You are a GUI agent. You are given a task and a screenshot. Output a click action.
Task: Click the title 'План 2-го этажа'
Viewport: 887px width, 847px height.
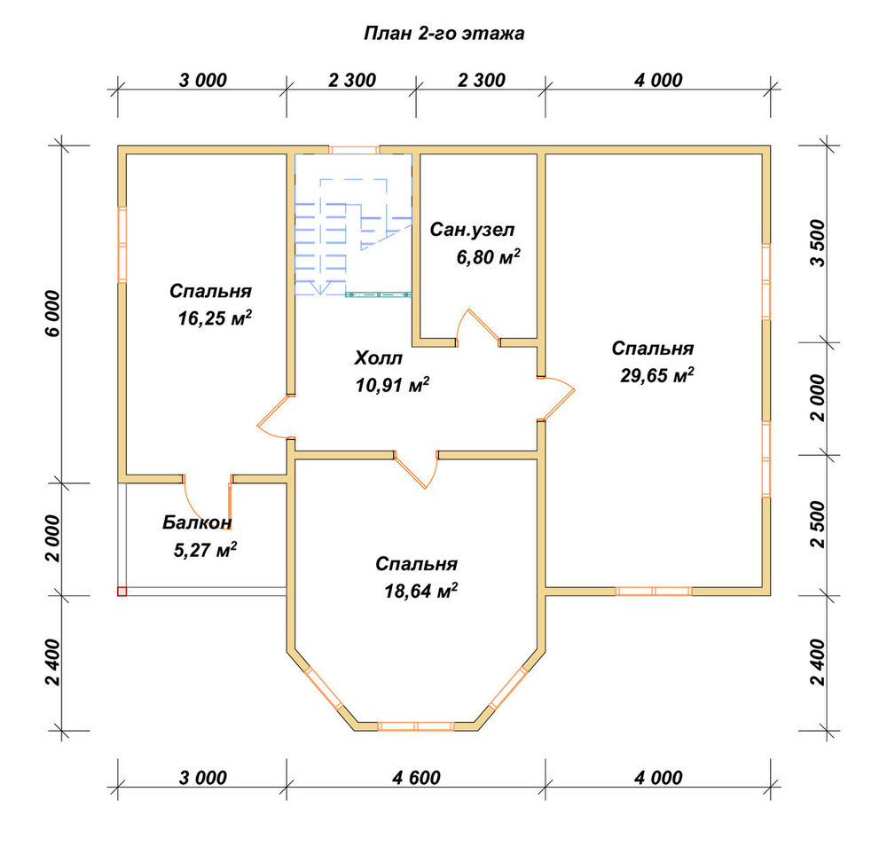pyautogui.click(x=444, y=34)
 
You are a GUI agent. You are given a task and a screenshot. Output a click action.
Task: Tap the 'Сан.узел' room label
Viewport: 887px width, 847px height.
pyautogui.click(x=473, y=230)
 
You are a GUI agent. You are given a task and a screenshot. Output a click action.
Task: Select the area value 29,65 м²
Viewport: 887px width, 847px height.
pyautogui.click(x=656, y=375)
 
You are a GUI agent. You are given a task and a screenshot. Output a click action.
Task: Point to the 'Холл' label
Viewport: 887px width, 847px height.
pyautogui.click(x=379, y=358)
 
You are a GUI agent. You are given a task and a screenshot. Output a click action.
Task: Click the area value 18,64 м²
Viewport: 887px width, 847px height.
pyautogui.click(x=420, y=592)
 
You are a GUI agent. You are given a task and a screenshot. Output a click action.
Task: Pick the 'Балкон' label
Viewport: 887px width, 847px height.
pyautogui.click(x=197, y=522)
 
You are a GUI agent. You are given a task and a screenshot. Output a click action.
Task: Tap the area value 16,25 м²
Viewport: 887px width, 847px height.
pyautogui.click(x=215, y=318)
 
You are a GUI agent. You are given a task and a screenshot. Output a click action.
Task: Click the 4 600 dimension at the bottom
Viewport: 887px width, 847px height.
pyautogui.click(x=416, y=778)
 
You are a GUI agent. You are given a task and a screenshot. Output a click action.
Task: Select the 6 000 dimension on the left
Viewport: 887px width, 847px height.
pyautogui.click(x=52, y=313)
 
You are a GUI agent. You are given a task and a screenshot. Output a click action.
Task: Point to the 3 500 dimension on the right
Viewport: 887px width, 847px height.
pyautogui.click(x=818, y=243)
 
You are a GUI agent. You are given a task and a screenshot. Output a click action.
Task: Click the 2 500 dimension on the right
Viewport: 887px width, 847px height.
pyautogui.click(x=818, y=524)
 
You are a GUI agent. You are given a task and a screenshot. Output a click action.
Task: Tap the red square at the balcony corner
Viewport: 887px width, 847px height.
pyautogui.click(x=122, y=592)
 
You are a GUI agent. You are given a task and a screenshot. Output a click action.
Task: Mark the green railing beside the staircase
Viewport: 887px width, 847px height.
pyautogui.click(x=379, y=294)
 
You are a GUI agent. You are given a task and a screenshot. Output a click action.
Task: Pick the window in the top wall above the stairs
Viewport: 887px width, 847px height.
pyautogui.click(x=354, y=150)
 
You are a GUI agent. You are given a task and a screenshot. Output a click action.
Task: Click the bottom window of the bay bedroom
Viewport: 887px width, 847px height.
pyautogui.click(x=416, y=726)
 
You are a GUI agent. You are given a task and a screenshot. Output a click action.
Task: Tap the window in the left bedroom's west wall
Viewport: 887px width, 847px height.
pyautogui.click(x=122, y=244)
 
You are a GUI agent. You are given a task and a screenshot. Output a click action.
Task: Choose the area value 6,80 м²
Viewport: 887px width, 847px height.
pyautogui.click(x=488, y=257)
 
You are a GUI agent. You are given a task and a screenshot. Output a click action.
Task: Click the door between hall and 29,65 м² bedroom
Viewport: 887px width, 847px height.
pyautogui.click(x=557, y=399)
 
